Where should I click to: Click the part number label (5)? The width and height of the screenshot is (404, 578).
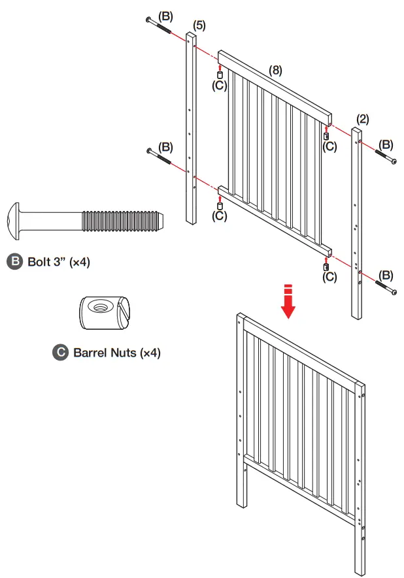(x=199, y=25)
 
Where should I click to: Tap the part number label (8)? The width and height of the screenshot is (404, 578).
(x=275, y=70)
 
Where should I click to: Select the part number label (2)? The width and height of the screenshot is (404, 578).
(x=363, y=118)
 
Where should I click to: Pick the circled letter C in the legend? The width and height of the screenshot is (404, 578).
(x=60, y=352)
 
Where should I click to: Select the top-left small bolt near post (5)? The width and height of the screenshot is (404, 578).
(x=160, y=27)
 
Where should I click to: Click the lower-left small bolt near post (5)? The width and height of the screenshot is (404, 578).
(x=161, y=157)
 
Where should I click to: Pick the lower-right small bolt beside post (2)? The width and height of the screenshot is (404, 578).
(x=386, y=287)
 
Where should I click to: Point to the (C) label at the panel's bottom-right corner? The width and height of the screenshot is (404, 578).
(x=330, y=277)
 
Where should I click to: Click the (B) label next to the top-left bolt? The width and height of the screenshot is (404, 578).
(x=166, y=14)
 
